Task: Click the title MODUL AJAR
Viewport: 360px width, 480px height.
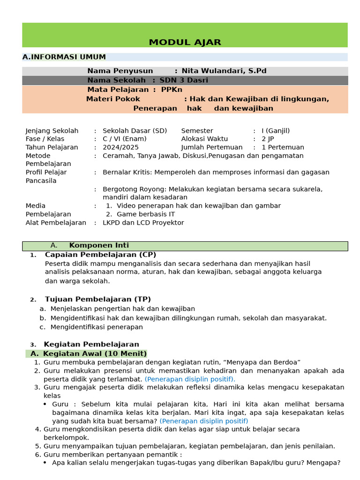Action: coord(185,42)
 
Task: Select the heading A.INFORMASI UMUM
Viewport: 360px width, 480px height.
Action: coord(64,57)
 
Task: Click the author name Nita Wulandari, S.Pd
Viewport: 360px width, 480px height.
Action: coord(224,71)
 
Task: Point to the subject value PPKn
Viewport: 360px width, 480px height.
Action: coord(172,90)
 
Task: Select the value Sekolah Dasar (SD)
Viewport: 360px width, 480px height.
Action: coord(135,131)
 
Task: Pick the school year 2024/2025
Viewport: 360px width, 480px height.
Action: coord(121,147)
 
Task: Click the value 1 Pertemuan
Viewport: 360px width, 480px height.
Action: coord(283,147)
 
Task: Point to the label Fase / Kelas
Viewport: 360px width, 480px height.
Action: coord(45,139)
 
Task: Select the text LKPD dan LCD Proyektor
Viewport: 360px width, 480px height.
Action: coord(143,223)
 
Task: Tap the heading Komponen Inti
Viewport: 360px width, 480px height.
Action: coord(99,246)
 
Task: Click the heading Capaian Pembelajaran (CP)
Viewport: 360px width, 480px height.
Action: coord(100,255)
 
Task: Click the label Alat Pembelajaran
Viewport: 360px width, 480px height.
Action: coord(56,223)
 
